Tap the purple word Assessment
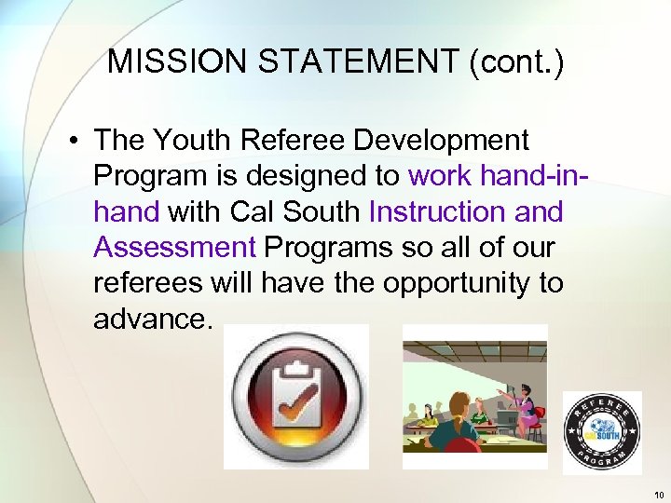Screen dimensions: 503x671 (x=174, y=247)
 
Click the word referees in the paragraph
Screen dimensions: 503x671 (x=150, y=282)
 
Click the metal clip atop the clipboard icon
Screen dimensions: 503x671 (x=297, y=368)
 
